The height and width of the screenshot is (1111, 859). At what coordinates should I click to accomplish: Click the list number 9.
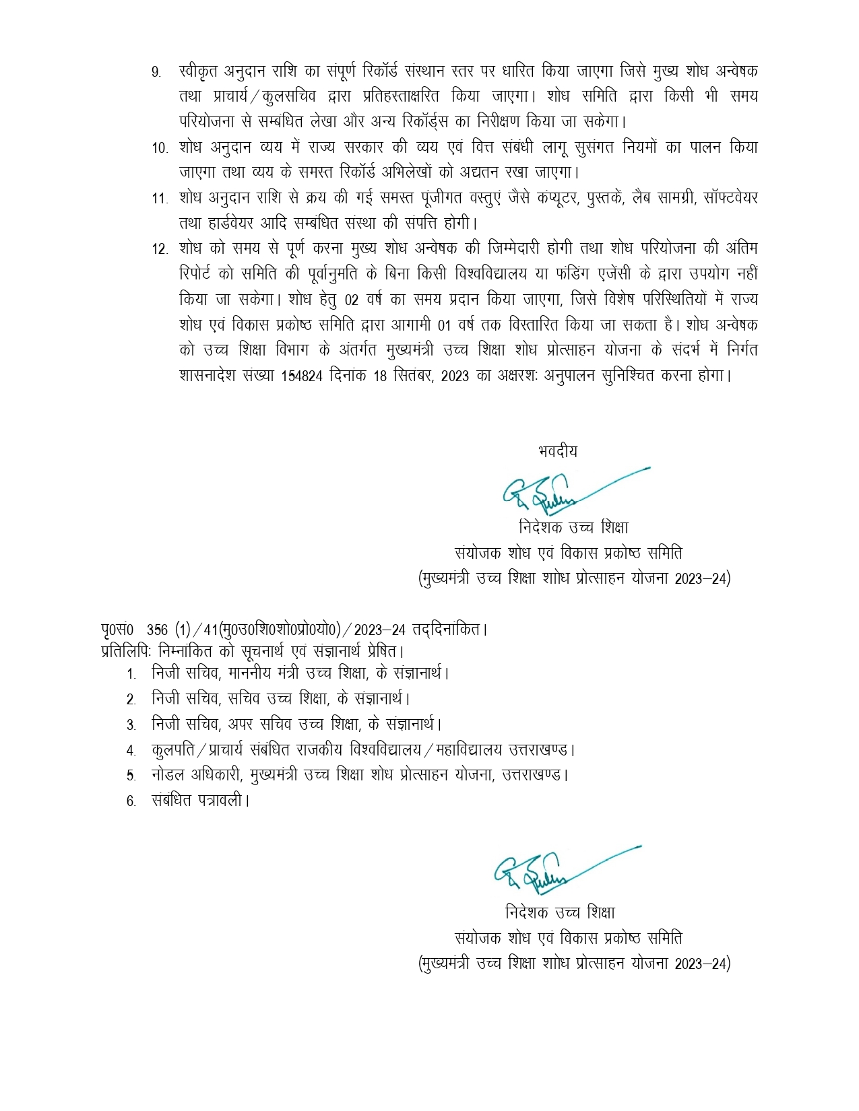tap(156, 72)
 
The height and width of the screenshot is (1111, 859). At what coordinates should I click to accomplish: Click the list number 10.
tap(159, 148)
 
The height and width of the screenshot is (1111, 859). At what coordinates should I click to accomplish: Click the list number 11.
tap(159, 199)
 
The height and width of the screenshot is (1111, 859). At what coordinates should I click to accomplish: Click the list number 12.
tap(159, 249)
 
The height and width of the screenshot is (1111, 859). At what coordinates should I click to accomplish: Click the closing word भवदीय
tap(558, 451)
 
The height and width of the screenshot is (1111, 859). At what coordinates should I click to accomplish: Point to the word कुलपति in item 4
tap(170, 749)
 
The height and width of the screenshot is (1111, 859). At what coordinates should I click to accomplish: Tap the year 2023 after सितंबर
tap(455, 376)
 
